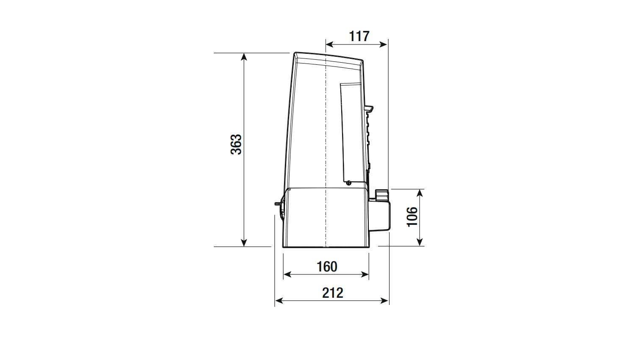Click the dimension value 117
(x=359, y=36)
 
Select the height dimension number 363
(x=236, y=144)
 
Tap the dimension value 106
(x=412, y=217)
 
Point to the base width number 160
(x=327, y=267)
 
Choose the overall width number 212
(x=332, y=293)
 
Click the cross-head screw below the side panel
(x=349, y=183)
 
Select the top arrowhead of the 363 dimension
(x=244, y=56)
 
